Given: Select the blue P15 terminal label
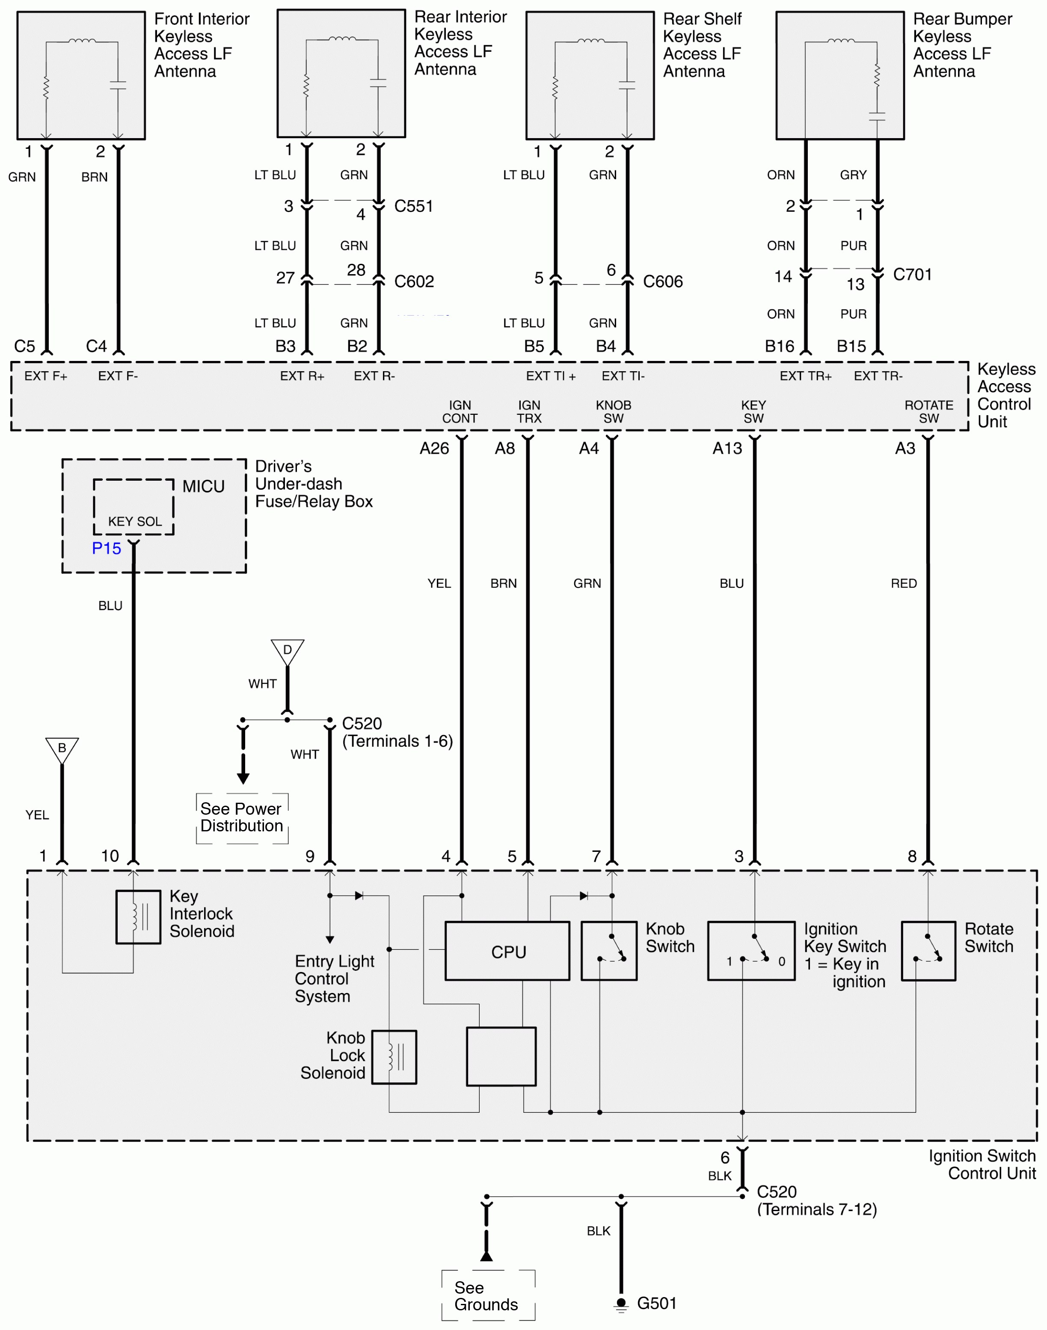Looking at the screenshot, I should tap(107, 548).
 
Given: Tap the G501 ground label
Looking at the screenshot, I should tap(656, 1303).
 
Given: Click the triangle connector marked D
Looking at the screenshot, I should tap(287, 650).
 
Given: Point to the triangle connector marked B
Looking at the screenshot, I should tap(62, 749).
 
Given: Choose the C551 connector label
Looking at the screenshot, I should tap(414, 207).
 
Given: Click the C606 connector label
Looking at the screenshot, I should tap(663, 282).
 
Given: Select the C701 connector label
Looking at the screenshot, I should tap(912, 275).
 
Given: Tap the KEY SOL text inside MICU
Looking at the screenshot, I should tap(135, 521).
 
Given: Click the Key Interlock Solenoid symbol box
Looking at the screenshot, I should tap(139, 917).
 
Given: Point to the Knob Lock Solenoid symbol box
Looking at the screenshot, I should tap(394, 1057).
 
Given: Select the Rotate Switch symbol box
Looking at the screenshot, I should tap(928, 951).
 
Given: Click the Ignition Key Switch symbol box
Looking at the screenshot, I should tap(751, 951).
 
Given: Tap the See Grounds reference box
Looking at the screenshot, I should tap(487, 1296).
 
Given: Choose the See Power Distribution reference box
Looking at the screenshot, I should tap(241, 817).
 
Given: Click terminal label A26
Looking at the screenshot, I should tap(434, 449).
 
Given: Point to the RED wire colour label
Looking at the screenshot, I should tap(904, 583).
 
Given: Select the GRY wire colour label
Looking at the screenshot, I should tap(853, 175).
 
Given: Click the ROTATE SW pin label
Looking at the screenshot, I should tap(928, 412).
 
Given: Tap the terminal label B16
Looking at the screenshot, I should tap(779, 347).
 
